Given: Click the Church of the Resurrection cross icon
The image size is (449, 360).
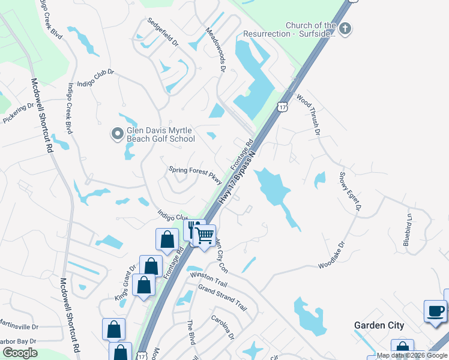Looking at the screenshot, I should tap(345, 28).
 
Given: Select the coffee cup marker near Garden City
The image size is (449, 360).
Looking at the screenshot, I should tap(435, 312).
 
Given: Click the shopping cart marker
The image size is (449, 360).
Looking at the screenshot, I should tap(205, 235).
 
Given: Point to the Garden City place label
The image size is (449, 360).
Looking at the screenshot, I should tap(379, 326).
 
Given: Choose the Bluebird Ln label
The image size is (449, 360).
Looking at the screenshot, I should tap(408, 230).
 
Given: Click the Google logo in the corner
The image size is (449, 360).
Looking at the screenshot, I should tap(20, 353).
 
